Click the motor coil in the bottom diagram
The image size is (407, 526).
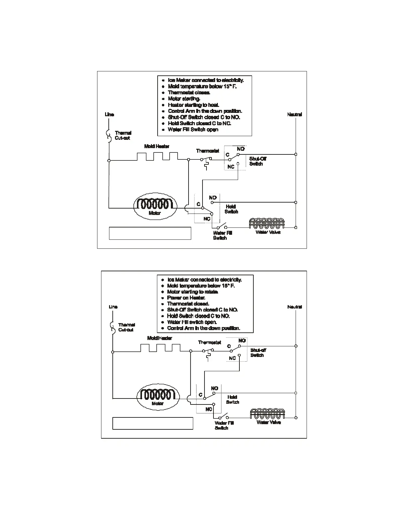click(x=158, y=394)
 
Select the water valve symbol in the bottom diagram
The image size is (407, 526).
click(x=269, y=414)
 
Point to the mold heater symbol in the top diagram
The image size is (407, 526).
click(x=158, y=156)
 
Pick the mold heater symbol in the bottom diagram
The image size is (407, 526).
click(x=160, y=348)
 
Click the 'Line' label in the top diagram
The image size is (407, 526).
click(x=109, y=115)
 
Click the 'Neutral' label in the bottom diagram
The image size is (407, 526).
click(x=295, y=307)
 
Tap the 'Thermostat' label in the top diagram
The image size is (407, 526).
click(x=207, y=151)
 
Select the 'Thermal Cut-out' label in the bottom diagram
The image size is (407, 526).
click(x=126, y=327)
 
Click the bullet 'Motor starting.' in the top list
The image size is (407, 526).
click(x=184, y=99)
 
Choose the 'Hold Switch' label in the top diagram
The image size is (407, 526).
click(x=231, y=209)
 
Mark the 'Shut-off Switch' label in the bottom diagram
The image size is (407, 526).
click(x=258, y=353)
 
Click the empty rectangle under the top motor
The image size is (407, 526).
click(x=150, y=233)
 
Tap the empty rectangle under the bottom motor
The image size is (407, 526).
click(x=153, y=423)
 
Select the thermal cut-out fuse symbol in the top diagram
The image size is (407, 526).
click(x=108, y=136)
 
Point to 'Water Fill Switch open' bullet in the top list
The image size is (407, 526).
click(x=193, y=130)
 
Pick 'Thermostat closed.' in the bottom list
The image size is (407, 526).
click(x=188, y=304)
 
